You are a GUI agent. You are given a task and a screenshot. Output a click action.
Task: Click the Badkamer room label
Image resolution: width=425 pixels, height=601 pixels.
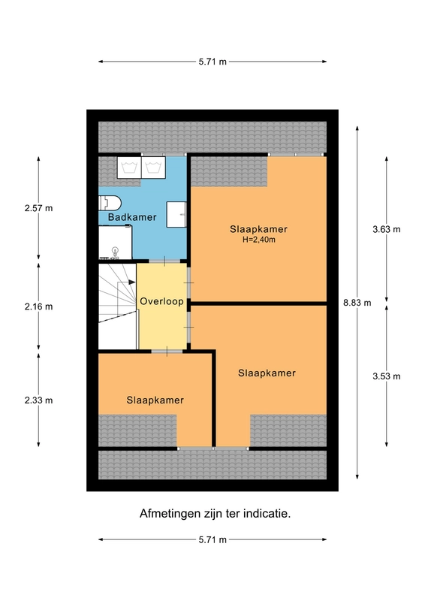[132, 217]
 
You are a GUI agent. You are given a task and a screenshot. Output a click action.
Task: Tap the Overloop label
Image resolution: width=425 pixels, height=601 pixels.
[161, 301]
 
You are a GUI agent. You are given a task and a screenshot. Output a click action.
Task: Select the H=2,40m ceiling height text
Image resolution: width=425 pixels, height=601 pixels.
[258, 240]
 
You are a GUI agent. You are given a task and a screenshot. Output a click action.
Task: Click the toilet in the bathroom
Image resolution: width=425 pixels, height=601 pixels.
[110, 203]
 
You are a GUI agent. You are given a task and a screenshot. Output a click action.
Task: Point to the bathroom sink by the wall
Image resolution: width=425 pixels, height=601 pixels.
[176, 214]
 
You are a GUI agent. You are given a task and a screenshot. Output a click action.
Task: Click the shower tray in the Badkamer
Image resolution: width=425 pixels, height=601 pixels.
[116, 242]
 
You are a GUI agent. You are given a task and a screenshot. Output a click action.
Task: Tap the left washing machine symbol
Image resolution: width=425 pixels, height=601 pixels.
[129, 168]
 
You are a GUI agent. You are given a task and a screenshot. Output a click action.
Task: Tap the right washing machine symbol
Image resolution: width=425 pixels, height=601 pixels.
[153, 168]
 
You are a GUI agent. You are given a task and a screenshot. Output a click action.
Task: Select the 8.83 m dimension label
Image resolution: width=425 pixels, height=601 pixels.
[357, 303]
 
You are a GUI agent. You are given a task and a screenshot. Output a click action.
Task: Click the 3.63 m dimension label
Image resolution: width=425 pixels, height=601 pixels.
[386, 229]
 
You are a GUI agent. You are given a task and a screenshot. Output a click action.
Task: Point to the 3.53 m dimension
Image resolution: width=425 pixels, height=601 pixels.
[386, 376]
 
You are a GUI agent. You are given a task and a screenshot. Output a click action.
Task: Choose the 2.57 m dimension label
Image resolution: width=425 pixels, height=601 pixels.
[38, 208]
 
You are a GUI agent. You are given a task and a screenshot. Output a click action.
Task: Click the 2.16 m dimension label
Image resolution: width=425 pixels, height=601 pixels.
[38, 307]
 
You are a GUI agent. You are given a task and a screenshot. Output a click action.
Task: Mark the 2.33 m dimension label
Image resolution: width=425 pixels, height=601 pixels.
[38, 400]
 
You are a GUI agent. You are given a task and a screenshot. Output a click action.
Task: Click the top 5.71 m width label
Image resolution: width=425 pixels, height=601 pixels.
[212, 62]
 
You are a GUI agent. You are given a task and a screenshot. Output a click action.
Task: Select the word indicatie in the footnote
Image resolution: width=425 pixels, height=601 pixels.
[267, 513]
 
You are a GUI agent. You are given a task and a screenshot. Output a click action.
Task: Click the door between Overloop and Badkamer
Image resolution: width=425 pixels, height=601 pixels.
[164, 261]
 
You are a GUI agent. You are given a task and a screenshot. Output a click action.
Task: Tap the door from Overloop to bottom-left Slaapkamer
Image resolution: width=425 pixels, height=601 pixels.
[167, 351]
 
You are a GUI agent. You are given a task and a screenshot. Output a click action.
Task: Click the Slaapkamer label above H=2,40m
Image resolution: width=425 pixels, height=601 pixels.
[258, 229]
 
